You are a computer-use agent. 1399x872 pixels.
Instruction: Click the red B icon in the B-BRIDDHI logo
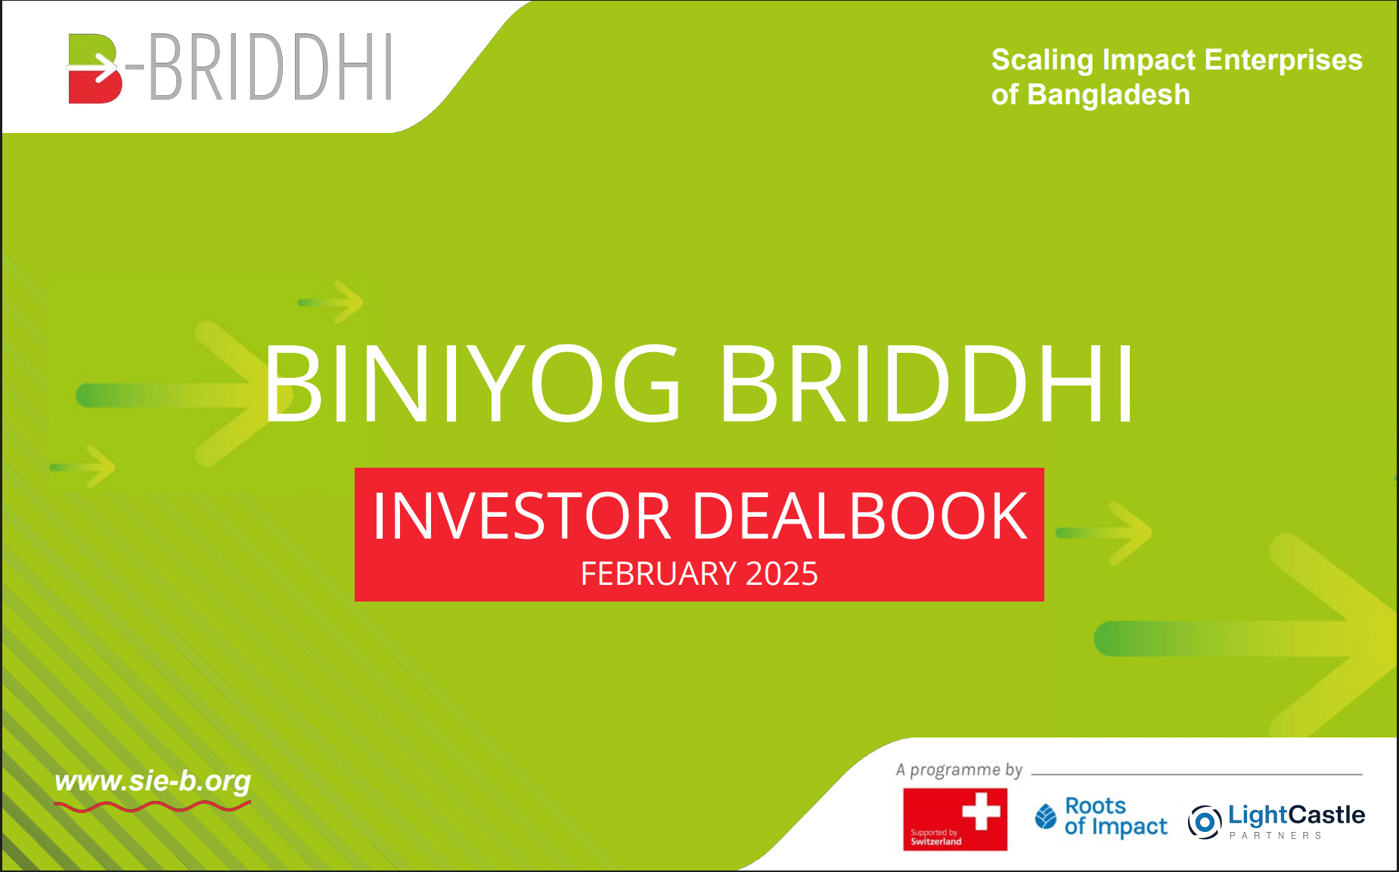point(95,68)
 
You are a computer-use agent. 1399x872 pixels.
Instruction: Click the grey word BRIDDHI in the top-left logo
point(271,68)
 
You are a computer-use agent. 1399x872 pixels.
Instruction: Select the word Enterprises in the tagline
point(1283,60)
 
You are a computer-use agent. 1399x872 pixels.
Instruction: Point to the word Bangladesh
point(1109,94)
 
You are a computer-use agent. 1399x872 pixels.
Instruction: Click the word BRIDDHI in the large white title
point(926,383)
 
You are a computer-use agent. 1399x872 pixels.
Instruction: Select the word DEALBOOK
point(860,516)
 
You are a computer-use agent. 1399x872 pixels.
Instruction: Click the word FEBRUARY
point(658,574)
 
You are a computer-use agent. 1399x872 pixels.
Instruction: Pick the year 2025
point(781,574)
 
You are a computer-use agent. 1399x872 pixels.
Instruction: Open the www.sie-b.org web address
point(153,781)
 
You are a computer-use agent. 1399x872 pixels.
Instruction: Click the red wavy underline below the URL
point(153,807)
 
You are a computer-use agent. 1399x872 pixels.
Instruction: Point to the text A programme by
point(959,770)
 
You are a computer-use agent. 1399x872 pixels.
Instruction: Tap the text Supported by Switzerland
point(935,837)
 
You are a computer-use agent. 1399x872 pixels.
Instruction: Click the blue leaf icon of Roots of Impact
point(1046,816)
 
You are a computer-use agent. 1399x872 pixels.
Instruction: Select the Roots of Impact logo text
point(1115,817)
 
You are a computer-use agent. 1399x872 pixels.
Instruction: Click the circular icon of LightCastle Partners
point(1205,821)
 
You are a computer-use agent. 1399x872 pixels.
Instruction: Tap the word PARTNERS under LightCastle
point(1275,836)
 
